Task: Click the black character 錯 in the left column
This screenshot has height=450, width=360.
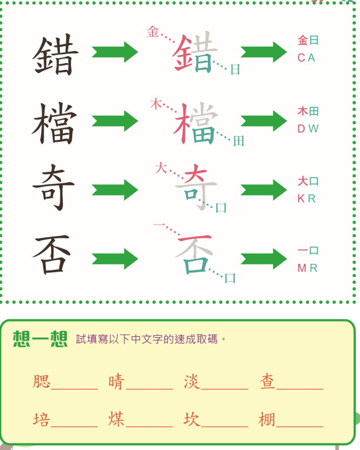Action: (55, 55)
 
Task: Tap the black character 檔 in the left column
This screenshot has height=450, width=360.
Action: (55, 123)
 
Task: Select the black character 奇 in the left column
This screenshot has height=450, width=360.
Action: (53, 187)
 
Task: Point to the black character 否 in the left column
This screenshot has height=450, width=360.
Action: (52, 254)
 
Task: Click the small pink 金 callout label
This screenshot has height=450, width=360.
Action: (153, 32)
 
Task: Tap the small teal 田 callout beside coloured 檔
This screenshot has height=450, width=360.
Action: (238, 141)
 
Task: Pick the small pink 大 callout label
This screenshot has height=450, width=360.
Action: (161, 168)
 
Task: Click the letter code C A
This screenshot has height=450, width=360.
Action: (307, 58)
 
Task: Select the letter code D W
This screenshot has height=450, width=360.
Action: (308, 129)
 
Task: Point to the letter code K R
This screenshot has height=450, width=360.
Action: (307, 199)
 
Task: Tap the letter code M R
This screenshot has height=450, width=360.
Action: (307, 268)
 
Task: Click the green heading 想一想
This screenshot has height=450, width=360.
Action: (40, 339)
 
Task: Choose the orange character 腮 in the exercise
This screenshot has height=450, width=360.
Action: (42, 382)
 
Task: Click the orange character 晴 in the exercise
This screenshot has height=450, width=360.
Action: (116, 382)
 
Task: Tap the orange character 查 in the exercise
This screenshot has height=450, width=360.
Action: (267, 382)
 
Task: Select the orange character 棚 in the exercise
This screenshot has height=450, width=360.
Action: (267, 419)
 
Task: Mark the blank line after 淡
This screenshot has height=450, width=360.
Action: (224, 389)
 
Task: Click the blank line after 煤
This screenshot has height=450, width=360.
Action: (149, 427)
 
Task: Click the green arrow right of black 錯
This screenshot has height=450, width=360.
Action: (115, 52)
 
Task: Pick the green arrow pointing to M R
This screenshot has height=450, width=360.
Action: (264, 259)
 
